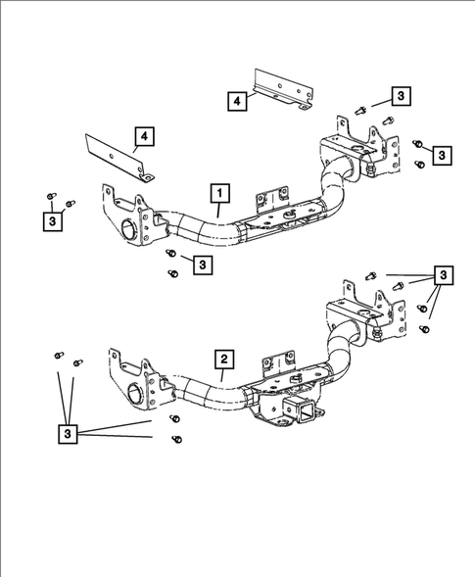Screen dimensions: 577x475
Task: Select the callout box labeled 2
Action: point(224,360)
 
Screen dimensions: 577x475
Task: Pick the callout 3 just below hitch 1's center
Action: point(202,264)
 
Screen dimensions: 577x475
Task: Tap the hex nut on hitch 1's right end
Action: point(376,171)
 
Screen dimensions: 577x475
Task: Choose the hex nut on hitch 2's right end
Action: point(377,336)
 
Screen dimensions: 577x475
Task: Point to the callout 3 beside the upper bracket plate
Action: point(402,95)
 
